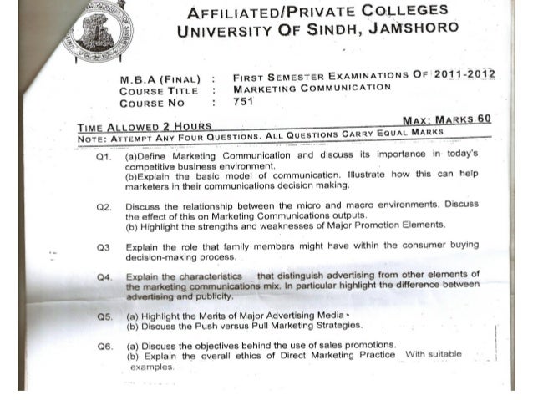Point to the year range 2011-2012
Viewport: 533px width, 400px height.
459,73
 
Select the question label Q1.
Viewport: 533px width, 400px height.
104,156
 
